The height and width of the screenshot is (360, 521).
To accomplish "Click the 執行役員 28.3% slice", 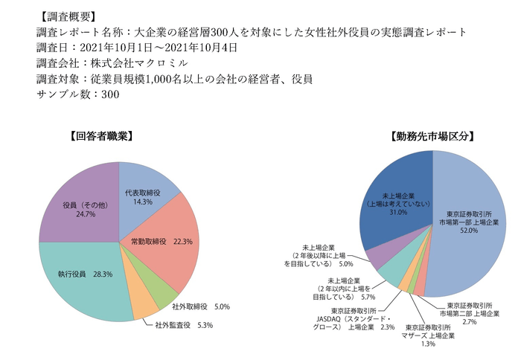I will click(84, 274).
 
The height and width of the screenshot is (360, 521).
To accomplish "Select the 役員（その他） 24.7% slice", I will click(75, 209).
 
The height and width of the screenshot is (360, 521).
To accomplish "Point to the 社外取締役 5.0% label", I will click(201, 306).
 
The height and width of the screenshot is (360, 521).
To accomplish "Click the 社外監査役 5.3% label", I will click(184, 325).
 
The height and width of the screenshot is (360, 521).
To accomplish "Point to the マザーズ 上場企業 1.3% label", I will click(429, 335).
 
